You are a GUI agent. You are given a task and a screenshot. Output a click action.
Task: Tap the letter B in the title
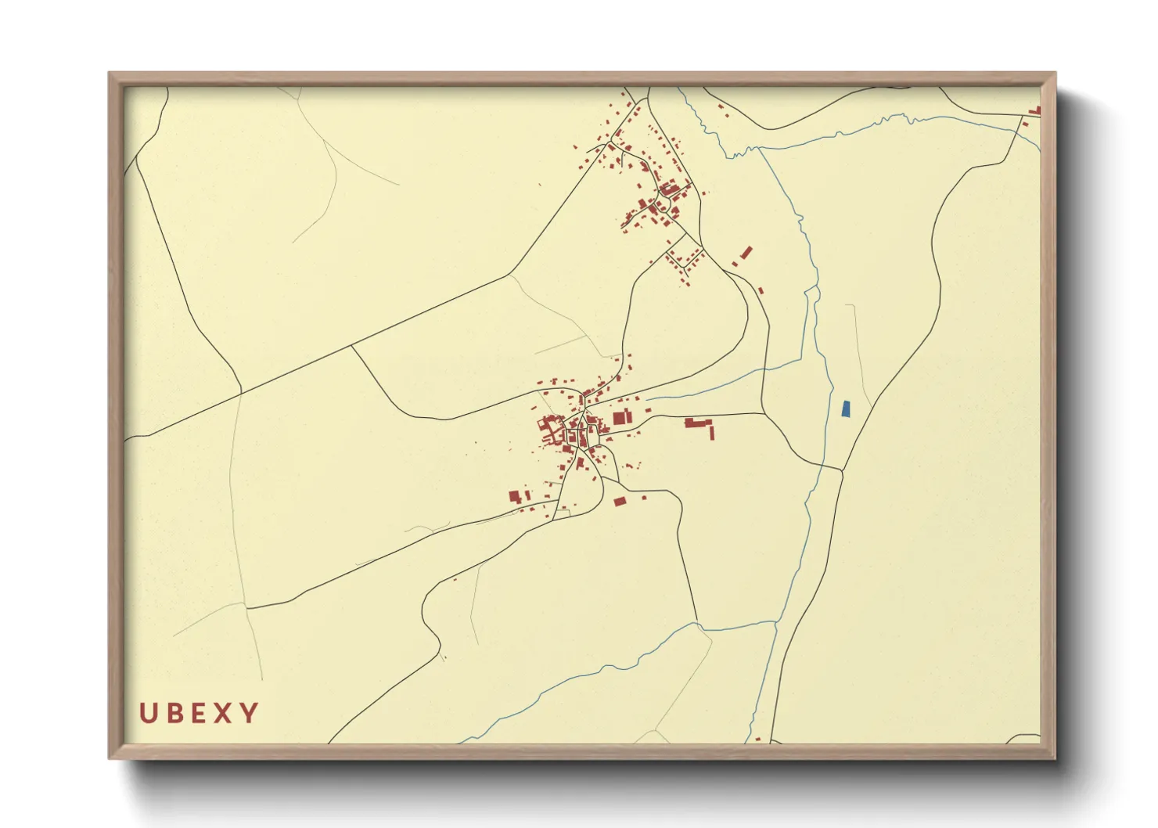coord(173,713)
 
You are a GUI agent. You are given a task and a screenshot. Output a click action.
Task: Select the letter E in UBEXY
coord(197,713)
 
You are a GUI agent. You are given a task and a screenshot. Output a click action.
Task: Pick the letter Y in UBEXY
coord(249,713)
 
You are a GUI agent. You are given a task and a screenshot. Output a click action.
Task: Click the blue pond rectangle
coord(845,409)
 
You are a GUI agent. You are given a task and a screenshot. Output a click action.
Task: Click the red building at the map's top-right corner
coord(1035,111)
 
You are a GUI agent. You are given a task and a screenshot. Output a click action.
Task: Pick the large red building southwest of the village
coord(515,496)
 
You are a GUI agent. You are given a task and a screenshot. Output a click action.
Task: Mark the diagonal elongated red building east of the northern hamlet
coord(746,252)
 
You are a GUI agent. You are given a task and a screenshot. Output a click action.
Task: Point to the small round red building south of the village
coord(580,463)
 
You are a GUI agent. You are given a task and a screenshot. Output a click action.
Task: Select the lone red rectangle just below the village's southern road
coord(620,501)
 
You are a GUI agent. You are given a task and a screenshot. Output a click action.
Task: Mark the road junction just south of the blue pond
coord(842,470)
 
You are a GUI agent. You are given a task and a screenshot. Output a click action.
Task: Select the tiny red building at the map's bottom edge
coord(757,739)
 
